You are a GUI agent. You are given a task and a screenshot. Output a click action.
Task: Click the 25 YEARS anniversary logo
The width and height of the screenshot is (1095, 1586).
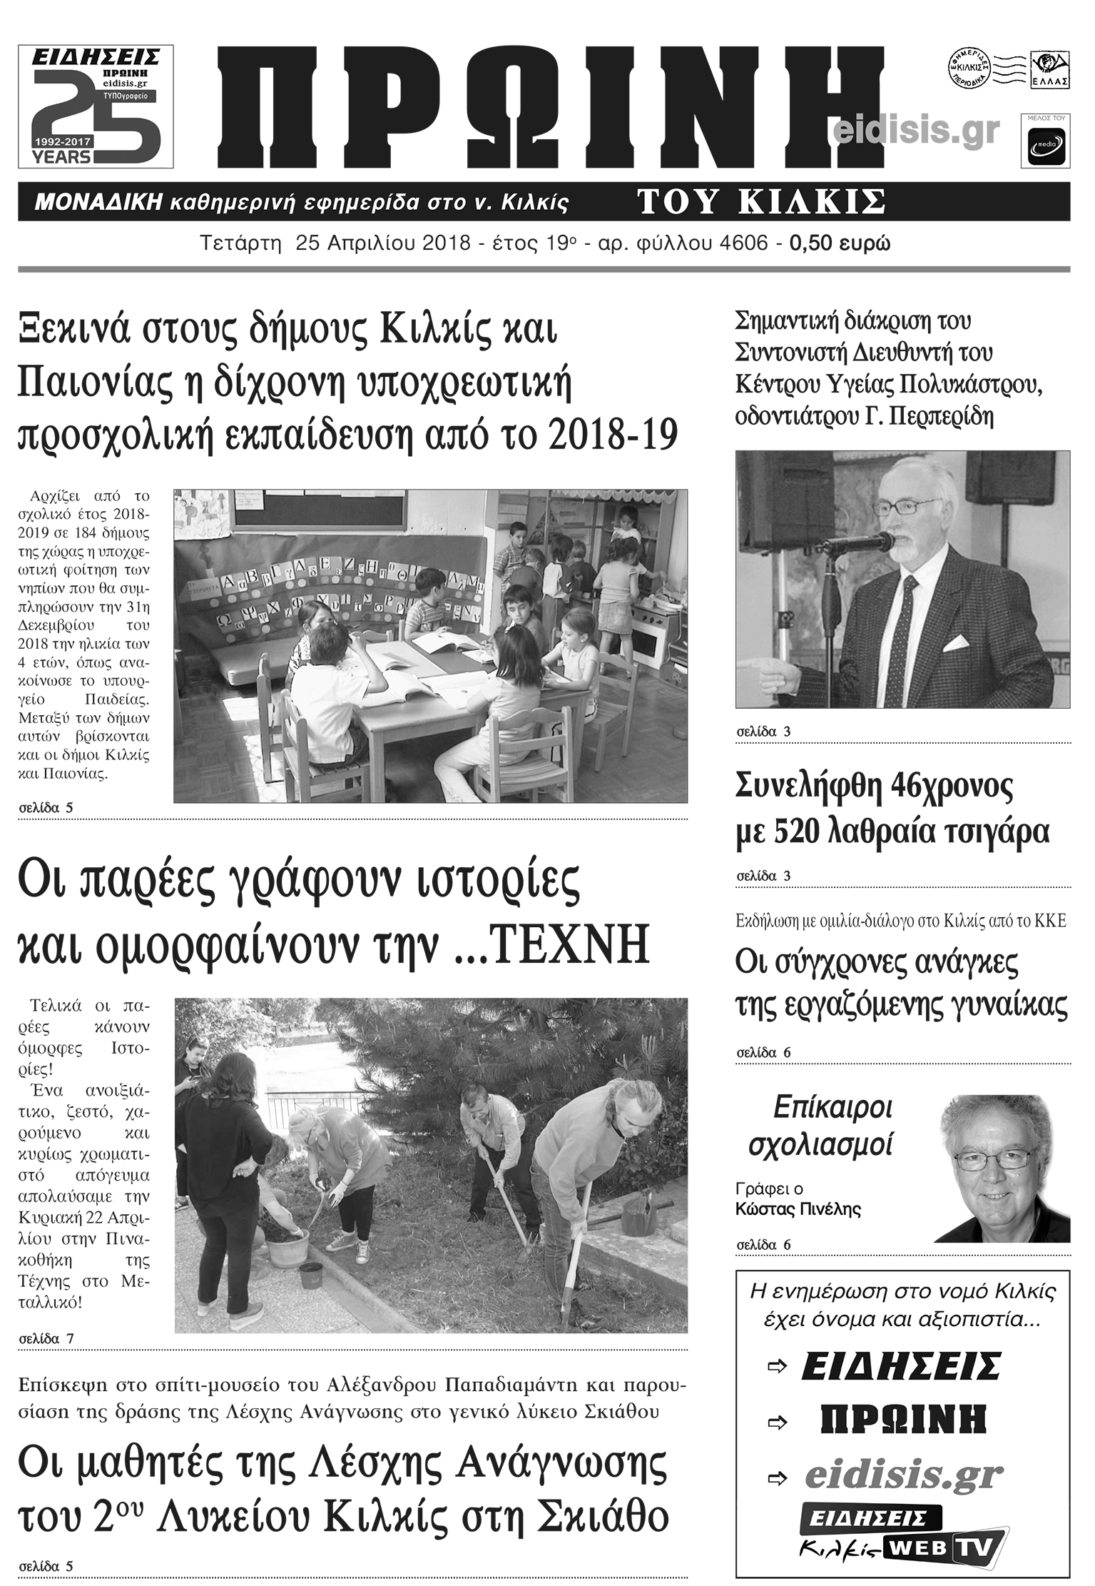(96, 106)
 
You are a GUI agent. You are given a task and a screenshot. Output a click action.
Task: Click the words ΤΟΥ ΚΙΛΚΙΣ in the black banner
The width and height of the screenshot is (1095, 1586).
(761, 202)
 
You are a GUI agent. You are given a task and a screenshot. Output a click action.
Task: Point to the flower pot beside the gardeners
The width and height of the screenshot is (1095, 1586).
(287, 1246)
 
